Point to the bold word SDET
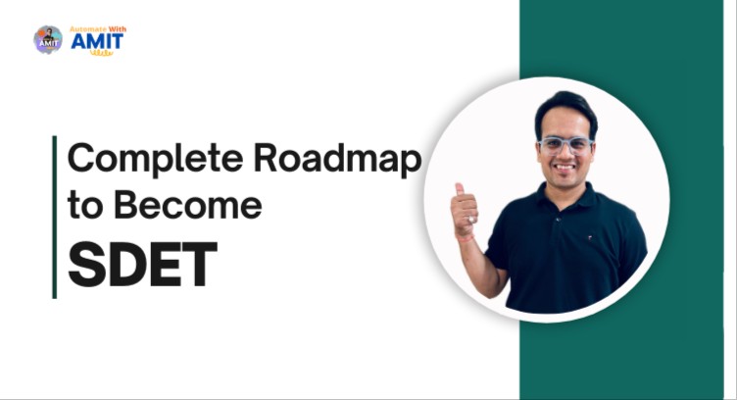(141, 262)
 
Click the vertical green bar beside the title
(54, 216)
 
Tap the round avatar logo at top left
(47, 39)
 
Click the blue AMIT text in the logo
(98, 41)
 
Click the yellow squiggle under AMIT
(102, 53)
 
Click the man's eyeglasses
(565, 144)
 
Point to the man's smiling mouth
(567, 170)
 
